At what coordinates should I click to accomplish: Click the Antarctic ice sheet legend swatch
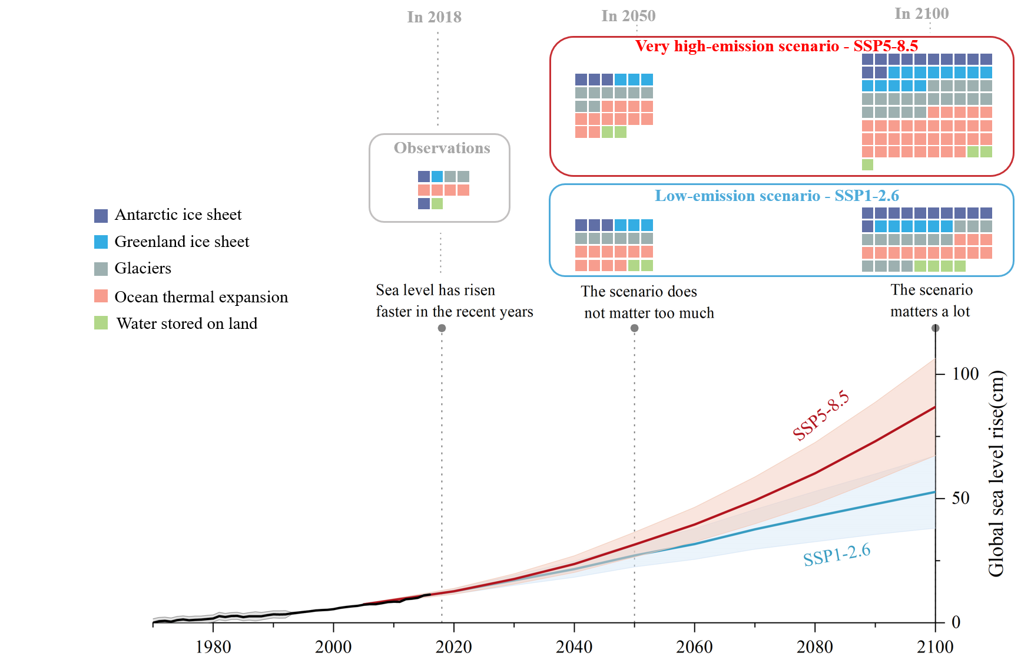click(x=101, y=216)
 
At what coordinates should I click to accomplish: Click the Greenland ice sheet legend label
click(x=181, y=242)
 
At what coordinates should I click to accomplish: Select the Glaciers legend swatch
click(x=101, y=269)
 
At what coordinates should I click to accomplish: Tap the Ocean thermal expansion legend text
click(x=201, y=297)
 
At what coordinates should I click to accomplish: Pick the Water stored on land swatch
click(x=101, y=323)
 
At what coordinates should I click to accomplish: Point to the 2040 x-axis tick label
click(x=574, y=647)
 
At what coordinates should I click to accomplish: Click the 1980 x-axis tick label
click(x=213, y=647)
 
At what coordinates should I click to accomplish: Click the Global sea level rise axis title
click(x=996, y=473)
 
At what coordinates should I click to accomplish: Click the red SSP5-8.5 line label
click(x=821, y=415)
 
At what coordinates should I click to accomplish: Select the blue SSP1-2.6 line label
click(x=836, y=555)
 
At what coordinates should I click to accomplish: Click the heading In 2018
click(x=434, y=17)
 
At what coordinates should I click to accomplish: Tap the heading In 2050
click(x=628, y=16)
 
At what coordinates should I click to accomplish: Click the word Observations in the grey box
click(x=442, y=148)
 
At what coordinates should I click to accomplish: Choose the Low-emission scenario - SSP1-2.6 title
click(x=777, y=196)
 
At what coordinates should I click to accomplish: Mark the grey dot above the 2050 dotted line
click(x=634, y=328)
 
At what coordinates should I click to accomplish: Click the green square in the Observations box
click(x=437, y=204)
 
